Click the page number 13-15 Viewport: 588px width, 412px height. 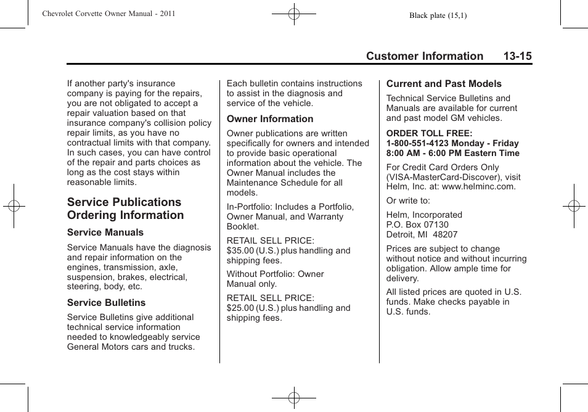point(517,56)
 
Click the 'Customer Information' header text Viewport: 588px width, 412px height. point(424,56)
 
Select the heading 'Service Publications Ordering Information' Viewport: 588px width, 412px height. point(125,208)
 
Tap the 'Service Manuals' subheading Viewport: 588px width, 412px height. point(105,233)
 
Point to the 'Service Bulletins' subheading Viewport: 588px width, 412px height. point(106,303)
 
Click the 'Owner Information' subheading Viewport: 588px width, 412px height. point(269,119)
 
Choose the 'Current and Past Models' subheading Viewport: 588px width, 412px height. point(444,84)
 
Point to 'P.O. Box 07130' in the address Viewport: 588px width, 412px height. point(417,225)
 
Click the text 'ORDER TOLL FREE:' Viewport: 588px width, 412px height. point(429,133)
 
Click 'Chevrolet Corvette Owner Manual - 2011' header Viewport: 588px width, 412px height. point(108,14)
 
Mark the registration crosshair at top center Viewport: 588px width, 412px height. point(294,14)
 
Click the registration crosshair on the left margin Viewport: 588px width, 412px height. point(14,206)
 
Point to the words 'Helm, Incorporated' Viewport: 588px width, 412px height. point(424,215)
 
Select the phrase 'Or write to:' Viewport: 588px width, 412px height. point(408,201)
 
